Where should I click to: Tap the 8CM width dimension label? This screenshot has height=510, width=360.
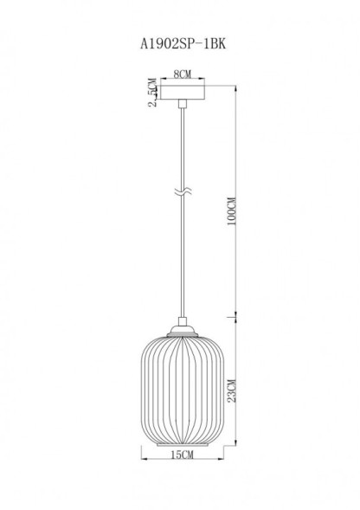point(182,77)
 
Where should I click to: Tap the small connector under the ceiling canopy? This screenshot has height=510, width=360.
point(183,104)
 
